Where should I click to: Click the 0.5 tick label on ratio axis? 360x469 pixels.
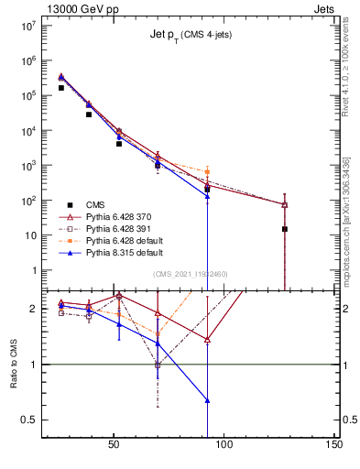click(27, 420)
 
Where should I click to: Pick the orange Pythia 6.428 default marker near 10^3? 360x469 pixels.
click(207, 171)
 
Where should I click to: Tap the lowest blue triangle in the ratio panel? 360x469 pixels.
click(207, 400)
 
